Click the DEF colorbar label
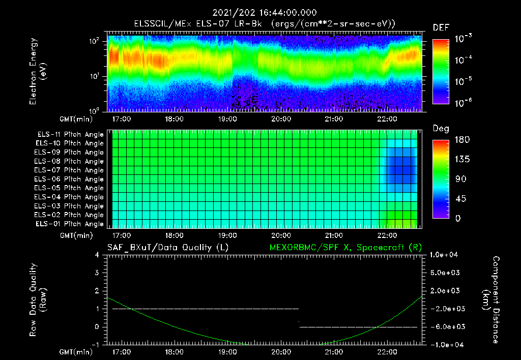tap(441, 27)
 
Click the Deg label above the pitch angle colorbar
tap(441, 129)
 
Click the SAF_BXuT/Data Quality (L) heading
tap(167, 247)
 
